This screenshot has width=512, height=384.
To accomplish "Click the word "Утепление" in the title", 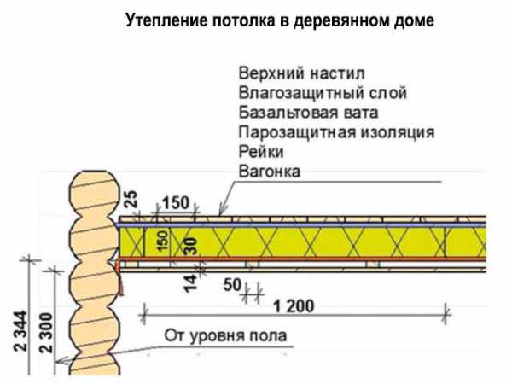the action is (x=166, y=21).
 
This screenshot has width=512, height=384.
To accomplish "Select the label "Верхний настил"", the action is (x=302, y=73).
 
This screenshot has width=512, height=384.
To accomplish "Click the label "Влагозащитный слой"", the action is (x=323, y=93).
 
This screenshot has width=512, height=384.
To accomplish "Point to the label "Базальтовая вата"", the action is (x=309, y=113).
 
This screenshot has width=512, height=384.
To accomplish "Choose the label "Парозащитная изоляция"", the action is (x=337, y=132).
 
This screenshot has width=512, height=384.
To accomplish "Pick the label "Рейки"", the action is (x=261, y=152).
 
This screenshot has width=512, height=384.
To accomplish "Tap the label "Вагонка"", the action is (x=270, y=172).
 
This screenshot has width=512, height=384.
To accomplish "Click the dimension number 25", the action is (x=131, y=199).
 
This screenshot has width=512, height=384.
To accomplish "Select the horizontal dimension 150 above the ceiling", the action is (x=176, y=203).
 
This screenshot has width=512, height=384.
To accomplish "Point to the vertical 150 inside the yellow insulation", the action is (x=163, y=241).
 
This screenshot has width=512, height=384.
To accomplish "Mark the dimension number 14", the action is (x=190, y=283).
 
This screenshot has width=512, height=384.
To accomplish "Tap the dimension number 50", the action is (x=232, y=285).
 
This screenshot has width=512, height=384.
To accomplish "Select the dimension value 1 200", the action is (x=294, y=306).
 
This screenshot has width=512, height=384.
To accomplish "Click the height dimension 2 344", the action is (x=20, y=331).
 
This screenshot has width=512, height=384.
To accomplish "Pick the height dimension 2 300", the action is (x=46, y=333).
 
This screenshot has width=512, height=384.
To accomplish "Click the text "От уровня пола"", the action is (x=225, y=335).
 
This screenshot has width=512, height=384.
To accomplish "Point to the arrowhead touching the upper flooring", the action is (x=222, y=211).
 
